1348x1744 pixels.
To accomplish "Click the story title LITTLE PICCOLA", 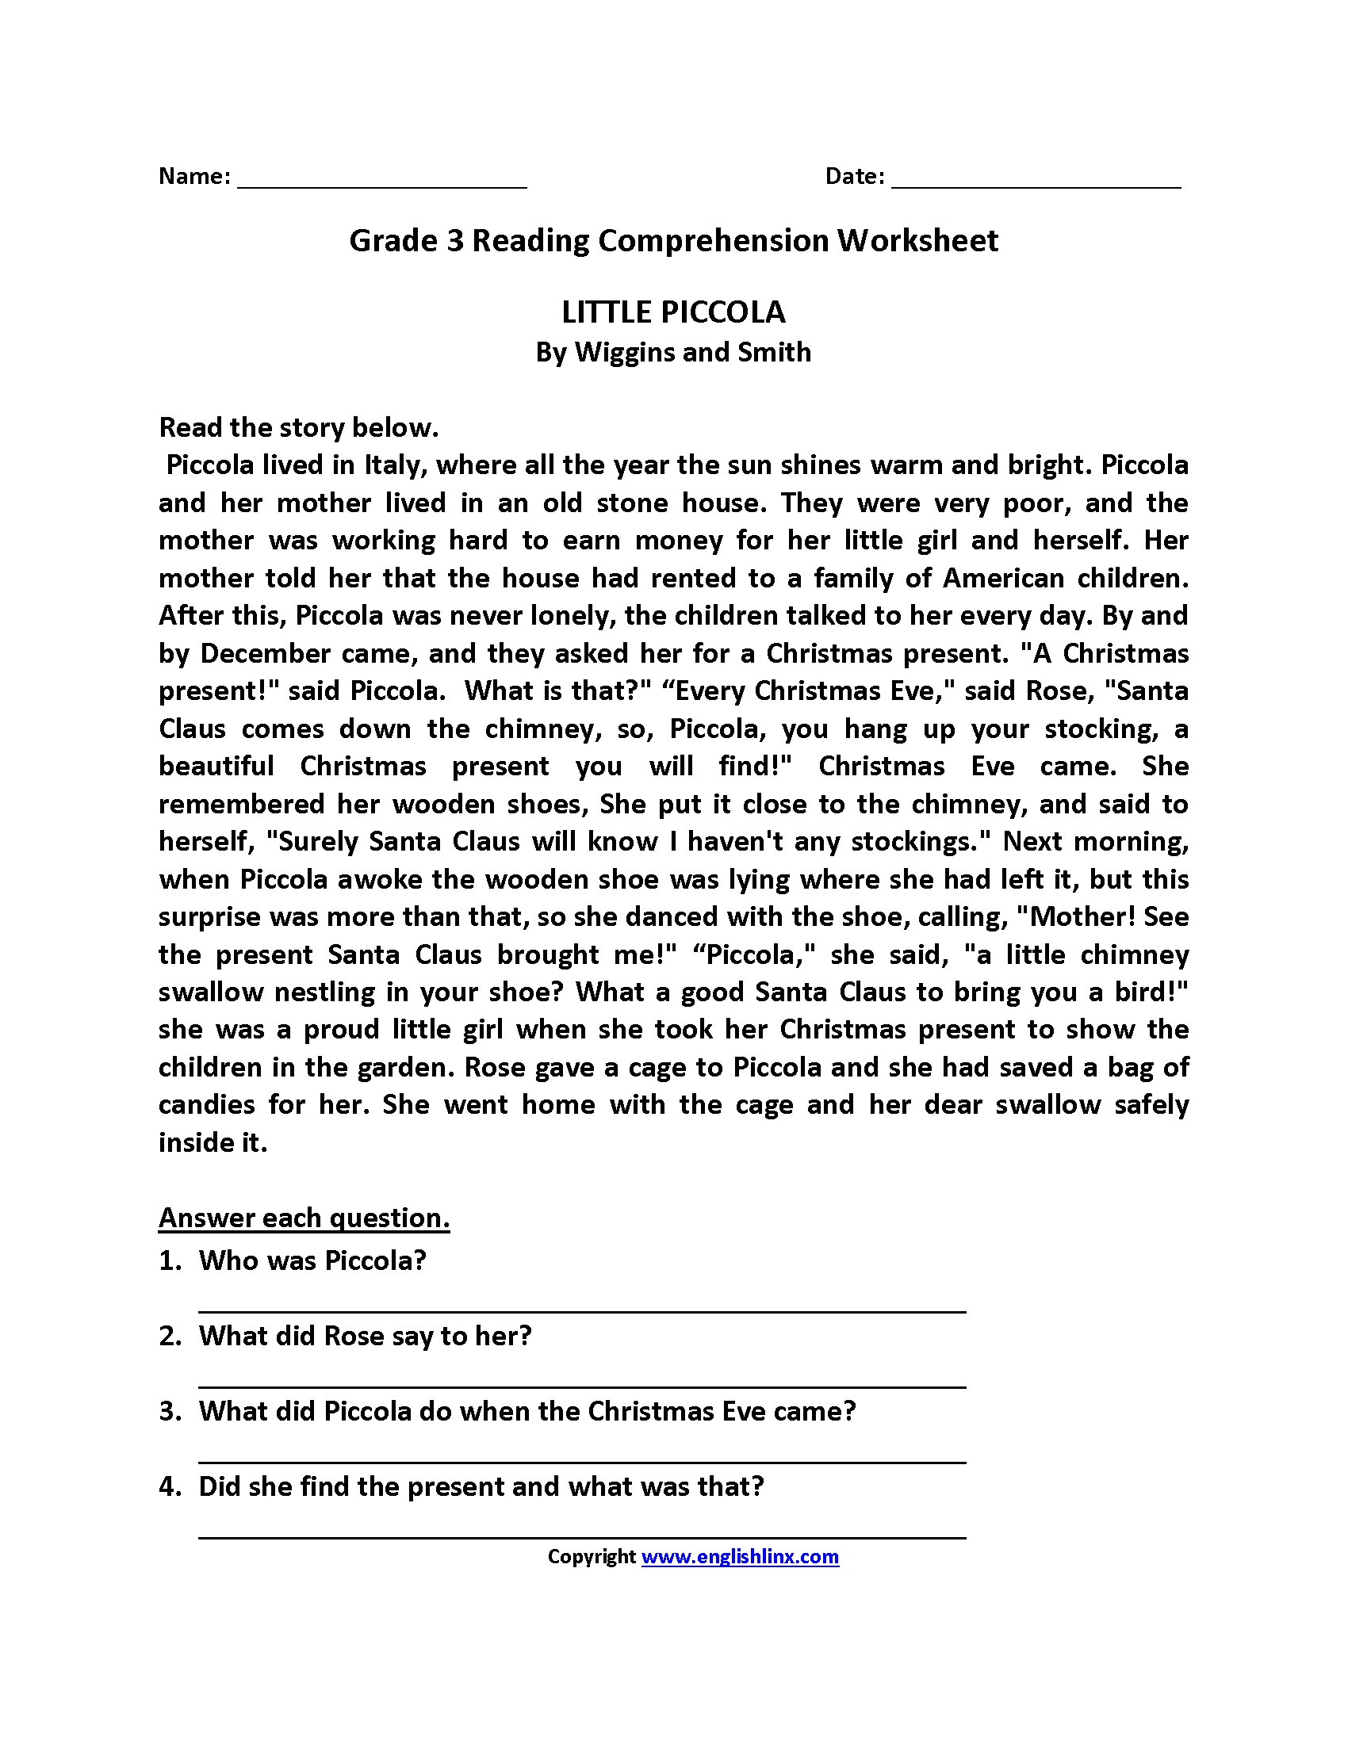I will pos(673,312).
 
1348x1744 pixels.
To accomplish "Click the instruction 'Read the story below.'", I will pos(299,427).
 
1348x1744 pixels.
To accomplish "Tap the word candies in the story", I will pos(207,1104).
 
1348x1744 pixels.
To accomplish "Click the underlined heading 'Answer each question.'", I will pos(304,1218).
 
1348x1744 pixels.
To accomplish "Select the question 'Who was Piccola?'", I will pos(312,1260).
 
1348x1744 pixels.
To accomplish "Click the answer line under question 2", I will pos(581,1386).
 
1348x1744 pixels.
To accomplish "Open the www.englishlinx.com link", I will pos(740,1556).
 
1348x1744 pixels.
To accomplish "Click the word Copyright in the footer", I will pos(591,1556).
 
